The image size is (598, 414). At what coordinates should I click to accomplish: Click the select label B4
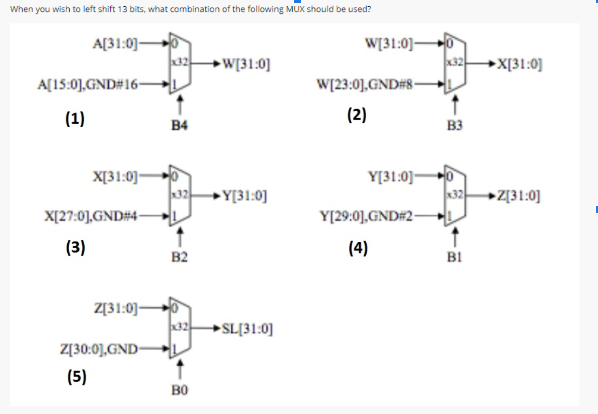(179, 126)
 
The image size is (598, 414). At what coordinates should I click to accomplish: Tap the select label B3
(455, 126)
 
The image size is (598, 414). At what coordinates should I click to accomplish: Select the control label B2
(179, 258)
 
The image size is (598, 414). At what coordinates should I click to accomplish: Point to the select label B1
(455, 258)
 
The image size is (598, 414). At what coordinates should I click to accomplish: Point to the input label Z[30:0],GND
(98, 348)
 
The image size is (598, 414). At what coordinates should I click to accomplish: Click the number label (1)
(75, 118)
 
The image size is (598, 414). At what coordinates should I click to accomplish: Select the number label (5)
(75, 376)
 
